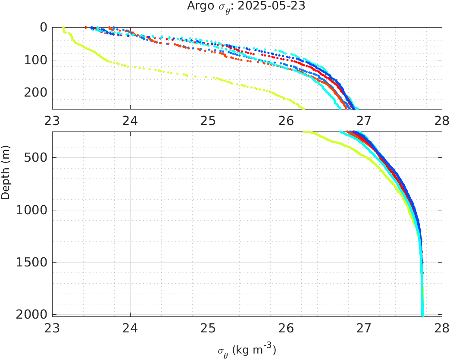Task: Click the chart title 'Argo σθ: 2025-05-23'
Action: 246,6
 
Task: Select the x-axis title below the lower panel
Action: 247,351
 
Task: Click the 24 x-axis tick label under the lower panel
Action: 130,328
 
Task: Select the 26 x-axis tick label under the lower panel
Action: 286,328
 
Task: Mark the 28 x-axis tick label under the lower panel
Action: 441,328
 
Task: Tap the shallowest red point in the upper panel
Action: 86,27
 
